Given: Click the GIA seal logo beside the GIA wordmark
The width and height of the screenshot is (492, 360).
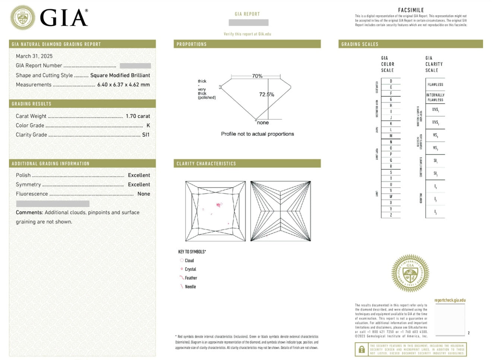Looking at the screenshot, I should click(x=23, y=18).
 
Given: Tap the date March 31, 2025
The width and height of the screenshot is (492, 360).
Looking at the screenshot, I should click(x=34, y=56).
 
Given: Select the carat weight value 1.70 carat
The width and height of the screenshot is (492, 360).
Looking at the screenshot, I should click(x=138, y=116).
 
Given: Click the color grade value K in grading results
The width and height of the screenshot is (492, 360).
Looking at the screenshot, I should click(x=148, y=126).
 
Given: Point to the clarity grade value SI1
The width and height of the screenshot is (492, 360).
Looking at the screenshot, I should click(x=146, y=135).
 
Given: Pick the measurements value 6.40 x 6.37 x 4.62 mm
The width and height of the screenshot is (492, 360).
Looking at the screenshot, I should click(x=123, y=85).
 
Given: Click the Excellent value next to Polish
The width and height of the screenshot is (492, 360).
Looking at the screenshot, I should click(x=139, y=175).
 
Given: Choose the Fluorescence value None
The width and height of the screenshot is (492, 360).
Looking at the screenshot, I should click(x=143, y=194).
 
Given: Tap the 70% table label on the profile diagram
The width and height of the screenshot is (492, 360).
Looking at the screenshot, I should click(x=257, y=76).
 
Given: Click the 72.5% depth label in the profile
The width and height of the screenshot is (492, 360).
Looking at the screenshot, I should click(x=266, y=95).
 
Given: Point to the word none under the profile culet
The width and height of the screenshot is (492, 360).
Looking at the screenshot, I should click(x=263, y=123).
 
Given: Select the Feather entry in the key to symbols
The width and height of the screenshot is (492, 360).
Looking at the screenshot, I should click(x=191, y=278).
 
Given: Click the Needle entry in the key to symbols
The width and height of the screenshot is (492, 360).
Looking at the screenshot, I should click(x=190, y=287).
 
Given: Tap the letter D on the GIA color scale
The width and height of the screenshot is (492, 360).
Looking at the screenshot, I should click(x=391, y=81).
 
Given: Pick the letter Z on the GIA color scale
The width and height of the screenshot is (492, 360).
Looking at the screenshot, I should click(x=391, y=215).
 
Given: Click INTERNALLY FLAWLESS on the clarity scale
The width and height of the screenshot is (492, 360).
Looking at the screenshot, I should click(x=435, y=97).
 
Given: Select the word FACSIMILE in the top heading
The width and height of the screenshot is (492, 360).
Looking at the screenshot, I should click(x=411, y=10).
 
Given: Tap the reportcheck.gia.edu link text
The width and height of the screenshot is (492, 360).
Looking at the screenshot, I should click(x=450, y=300).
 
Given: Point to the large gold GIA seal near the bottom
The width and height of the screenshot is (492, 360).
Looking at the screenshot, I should click(x=410, y=274).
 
